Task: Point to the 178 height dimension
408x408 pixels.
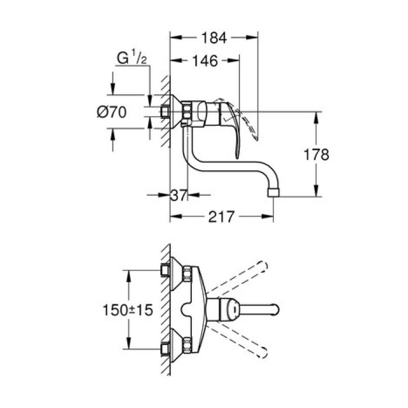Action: point(316,154)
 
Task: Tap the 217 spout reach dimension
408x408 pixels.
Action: point(221,217)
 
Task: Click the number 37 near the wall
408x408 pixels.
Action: point(178,196)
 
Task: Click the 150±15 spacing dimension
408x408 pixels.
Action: point(125,309)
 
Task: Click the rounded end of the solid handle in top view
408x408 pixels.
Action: point(275,308)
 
